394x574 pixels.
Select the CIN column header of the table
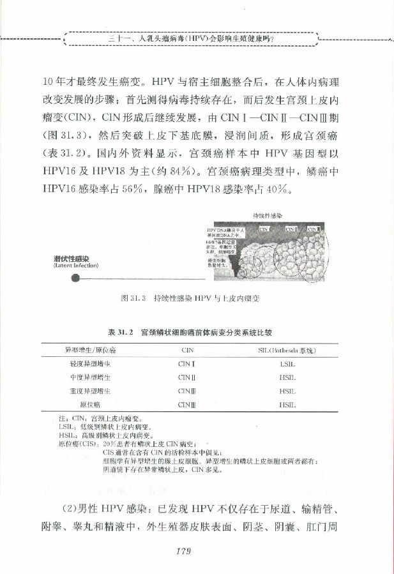click(187, 350)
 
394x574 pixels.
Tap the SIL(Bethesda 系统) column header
click(287, 350)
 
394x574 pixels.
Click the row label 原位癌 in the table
click(90, 404)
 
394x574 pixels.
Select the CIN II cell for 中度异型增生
click(187, 377)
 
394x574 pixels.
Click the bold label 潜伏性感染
click(72, 258)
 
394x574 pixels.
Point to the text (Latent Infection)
click(76, 266)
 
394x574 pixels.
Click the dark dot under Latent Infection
click(75, 277)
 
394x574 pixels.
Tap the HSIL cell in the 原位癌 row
click(287, 404)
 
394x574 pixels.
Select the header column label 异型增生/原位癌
click(90, 350)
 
